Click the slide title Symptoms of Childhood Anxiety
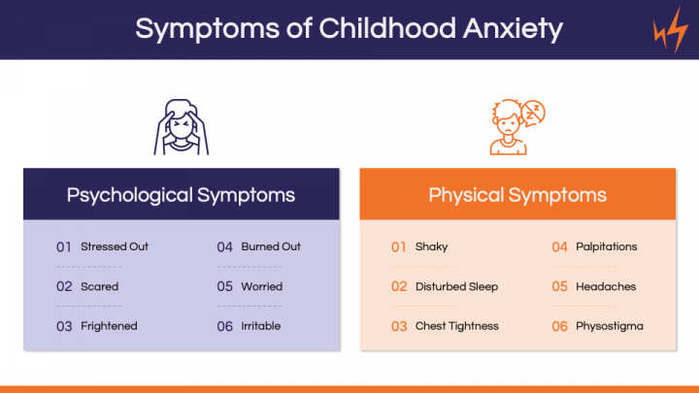point(349,28)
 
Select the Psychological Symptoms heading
point(181,194)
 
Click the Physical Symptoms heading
point(517,194)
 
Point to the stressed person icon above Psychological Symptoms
point(181,126)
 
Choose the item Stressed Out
point(115,246)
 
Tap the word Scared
point(100,286)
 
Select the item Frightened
point(109,326)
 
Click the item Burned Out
point(271,246)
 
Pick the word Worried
point(262,286)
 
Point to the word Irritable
point(261,326)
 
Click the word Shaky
point(431,246)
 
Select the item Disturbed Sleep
point(456,286)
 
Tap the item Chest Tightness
point(456,326)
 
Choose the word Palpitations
point(607,246)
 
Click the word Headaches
point(606,286)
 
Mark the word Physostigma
point(609,326)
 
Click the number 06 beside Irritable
point(225,326)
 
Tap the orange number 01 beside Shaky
point(399,246)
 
